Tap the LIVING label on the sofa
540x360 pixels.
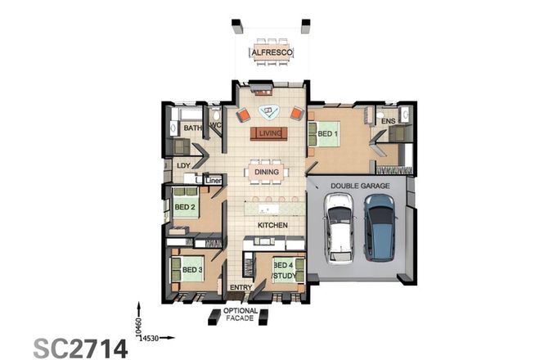point(270,133)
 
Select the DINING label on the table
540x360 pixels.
point(267,172)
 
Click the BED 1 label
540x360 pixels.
point(328,133)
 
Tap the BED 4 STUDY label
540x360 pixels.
point(284,271)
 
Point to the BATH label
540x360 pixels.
point(192,128)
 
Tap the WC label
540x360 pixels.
point(216,125)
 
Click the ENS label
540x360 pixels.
point(388,122)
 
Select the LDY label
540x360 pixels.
point(184,165)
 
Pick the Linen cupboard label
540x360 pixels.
point(214,180)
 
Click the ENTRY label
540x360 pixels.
point(241,288)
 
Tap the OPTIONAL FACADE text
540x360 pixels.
point(241,315)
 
